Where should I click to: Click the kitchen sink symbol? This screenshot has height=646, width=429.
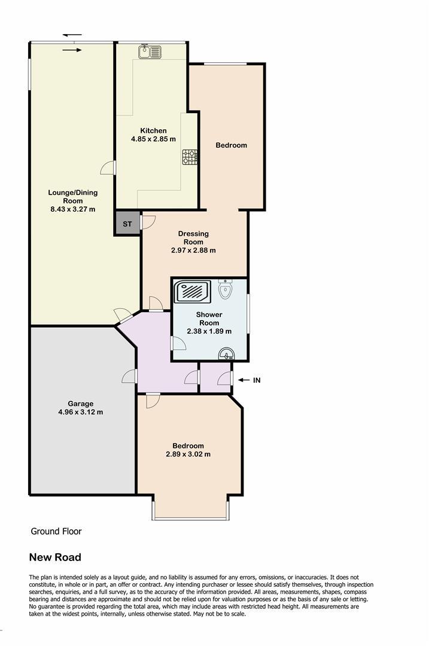pos(150,52)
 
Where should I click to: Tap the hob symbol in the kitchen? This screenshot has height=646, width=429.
pos(190,157)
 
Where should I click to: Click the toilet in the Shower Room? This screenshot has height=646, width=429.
pos(226,289)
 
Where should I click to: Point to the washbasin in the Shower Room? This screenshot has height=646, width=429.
pos(226,354)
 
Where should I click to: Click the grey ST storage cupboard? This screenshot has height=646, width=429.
pos(127,224)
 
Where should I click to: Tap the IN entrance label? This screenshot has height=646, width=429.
pos(257,380)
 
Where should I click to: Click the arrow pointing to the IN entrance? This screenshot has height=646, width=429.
pos(244,380)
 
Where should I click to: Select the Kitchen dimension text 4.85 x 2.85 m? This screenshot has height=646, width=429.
pos(153,139)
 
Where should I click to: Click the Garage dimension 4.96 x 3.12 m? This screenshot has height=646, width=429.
pos(81,412)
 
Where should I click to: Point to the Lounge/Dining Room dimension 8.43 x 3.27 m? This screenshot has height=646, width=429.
pos(73,209)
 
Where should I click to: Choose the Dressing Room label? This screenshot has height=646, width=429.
pos(193,237)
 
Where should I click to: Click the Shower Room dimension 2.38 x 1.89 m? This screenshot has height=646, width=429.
pos(209,331)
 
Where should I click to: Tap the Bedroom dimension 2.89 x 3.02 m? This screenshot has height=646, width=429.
pos(188,455)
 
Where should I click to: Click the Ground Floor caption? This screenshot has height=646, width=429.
pos(56,532)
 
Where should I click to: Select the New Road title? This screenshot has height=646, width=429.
pos(55,557)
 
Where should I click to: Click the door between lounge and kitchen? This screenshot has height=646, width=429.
pos(109,167)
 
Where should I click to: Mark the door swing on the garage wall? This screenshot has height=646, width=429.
pos(130,376)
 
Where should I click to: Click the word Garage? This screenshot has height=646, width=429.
pos(81,404)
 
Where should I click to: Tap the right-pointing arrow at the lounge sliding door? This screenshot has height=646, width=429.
pos(72,50)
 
